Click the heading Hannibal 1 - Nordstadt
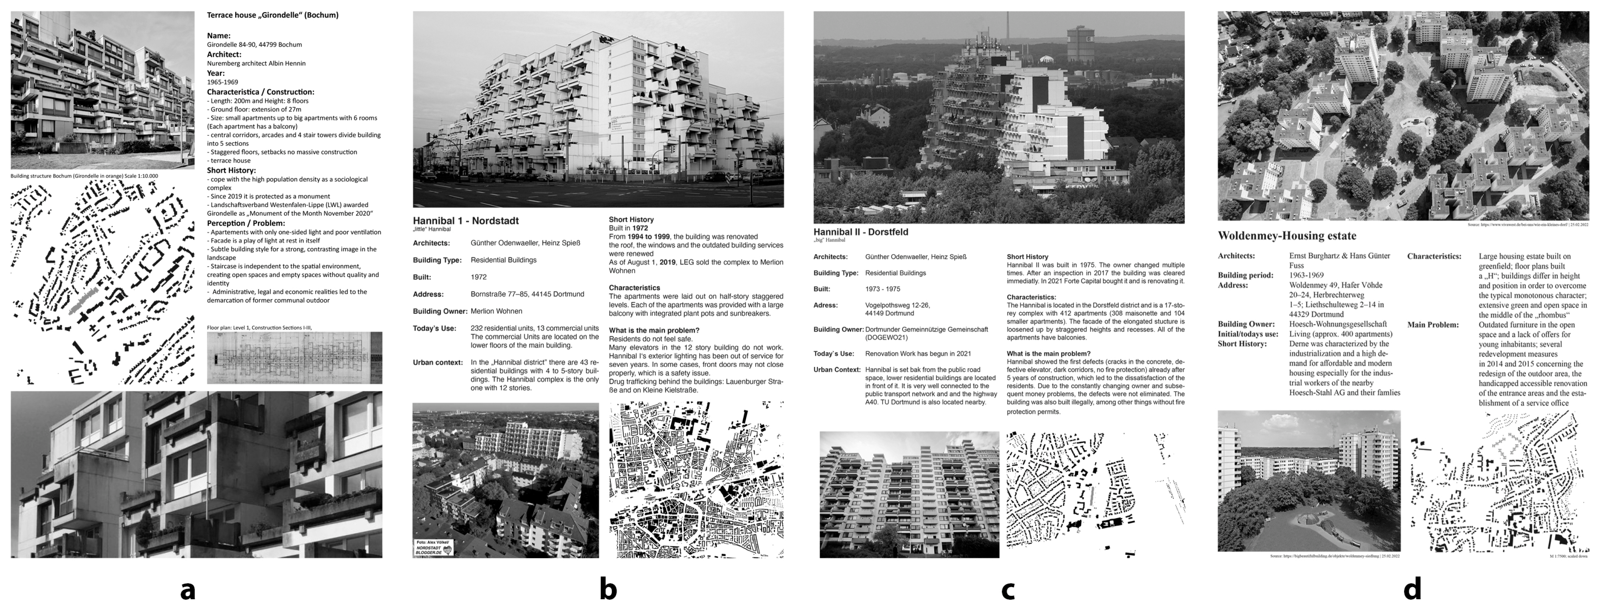(466, 221)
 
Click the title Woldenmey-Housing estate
(1287, 236)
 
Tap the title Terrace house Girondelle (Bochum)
(273, 15)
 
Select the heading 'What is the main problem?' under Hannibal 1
(654, 330)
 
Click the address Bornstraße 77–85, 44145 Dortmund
(527, 294)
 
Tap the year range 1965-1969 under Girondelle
(222, 81)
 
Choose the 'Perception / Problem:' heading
(245, 223)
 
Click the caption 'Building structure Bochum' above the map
(84, 176)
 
